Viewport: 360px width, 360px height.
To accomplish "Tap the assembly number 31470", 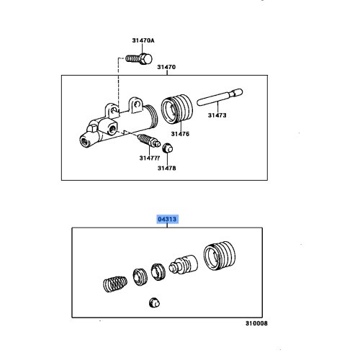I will [166, 67].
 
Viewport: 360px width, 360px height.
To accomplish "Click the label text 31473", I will [217, 114].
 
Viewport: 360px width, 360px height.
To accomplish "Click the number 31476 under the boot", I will [179, 133].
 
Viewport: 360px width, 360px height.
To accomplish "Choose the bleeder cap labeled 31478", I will [167, 149].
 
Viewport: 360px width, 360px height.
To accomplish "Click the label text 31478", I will [167, 168].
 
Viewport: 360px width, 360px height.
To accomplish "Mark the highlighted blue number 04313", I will [166, 217].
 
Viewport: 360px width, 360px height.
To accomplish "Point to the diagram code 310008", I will [254, 324].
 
